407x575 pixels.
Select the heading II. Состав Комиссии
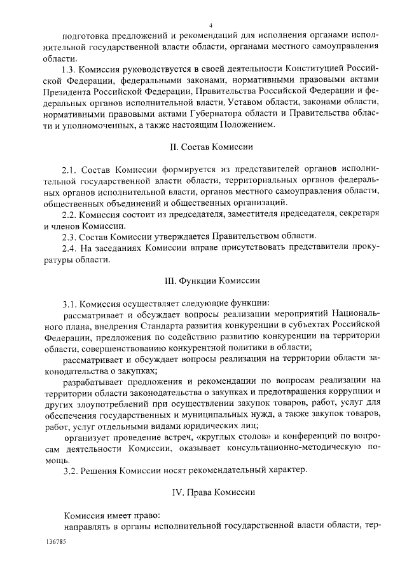203,147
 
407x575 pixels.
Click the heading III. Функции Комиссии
203,280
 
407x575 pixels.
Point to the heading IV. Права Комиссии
203,492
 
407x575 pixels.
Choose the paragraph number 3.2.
70,470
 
